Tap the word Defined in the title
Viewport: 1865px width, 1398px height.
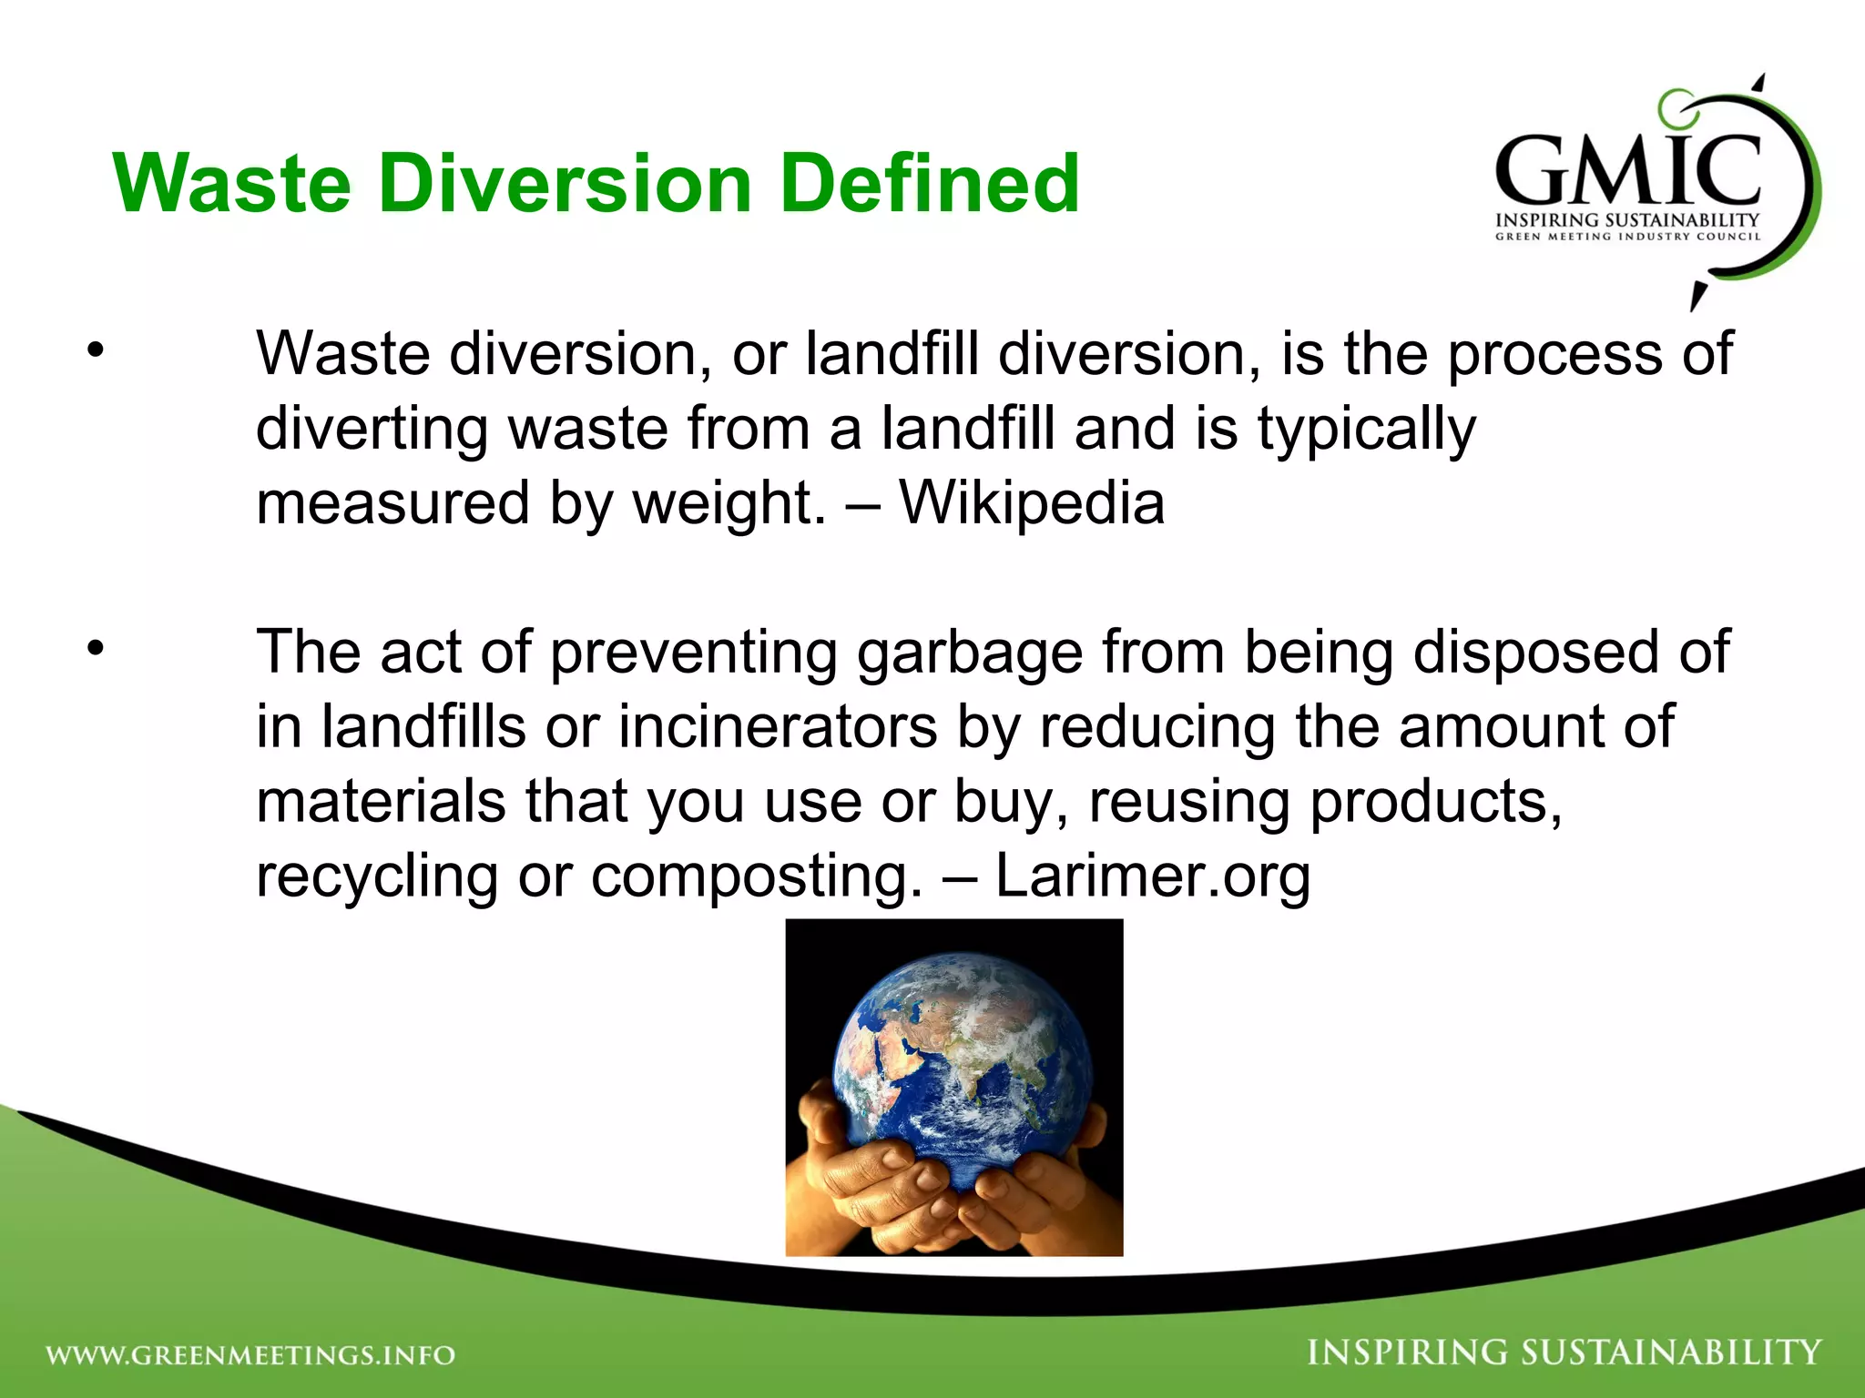click(x=930, y=184)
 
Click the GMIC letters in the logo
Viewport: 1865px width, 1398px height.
click(x=1627, y=171)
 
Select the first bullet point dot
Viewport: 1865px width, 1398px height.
click(x=97, y=350)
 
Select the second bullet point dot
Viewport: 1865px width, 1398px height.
click(x=97, y=649)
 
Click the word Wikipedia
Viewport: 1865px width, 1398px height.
click(x=1032, y=502)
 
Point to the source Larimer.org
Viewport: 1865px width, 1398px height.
click(x=1152, y=876)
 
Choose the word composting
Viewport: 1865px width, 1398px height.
click(x=757, y=877)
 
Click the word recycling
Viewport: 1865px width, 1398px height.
click(x=376, y=877)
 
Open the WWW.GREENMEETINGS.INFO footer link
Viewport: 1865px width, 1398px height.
click(x=250, y=1355)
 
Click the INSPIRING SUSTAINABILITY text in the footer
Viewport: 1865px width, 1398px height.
click(x=1564, y=1352)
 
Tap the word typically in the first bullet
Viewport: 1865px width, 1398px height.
click(x=1366, y=430)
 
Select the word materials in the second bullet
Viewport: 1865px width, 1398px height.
click(x=381, y=801)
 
